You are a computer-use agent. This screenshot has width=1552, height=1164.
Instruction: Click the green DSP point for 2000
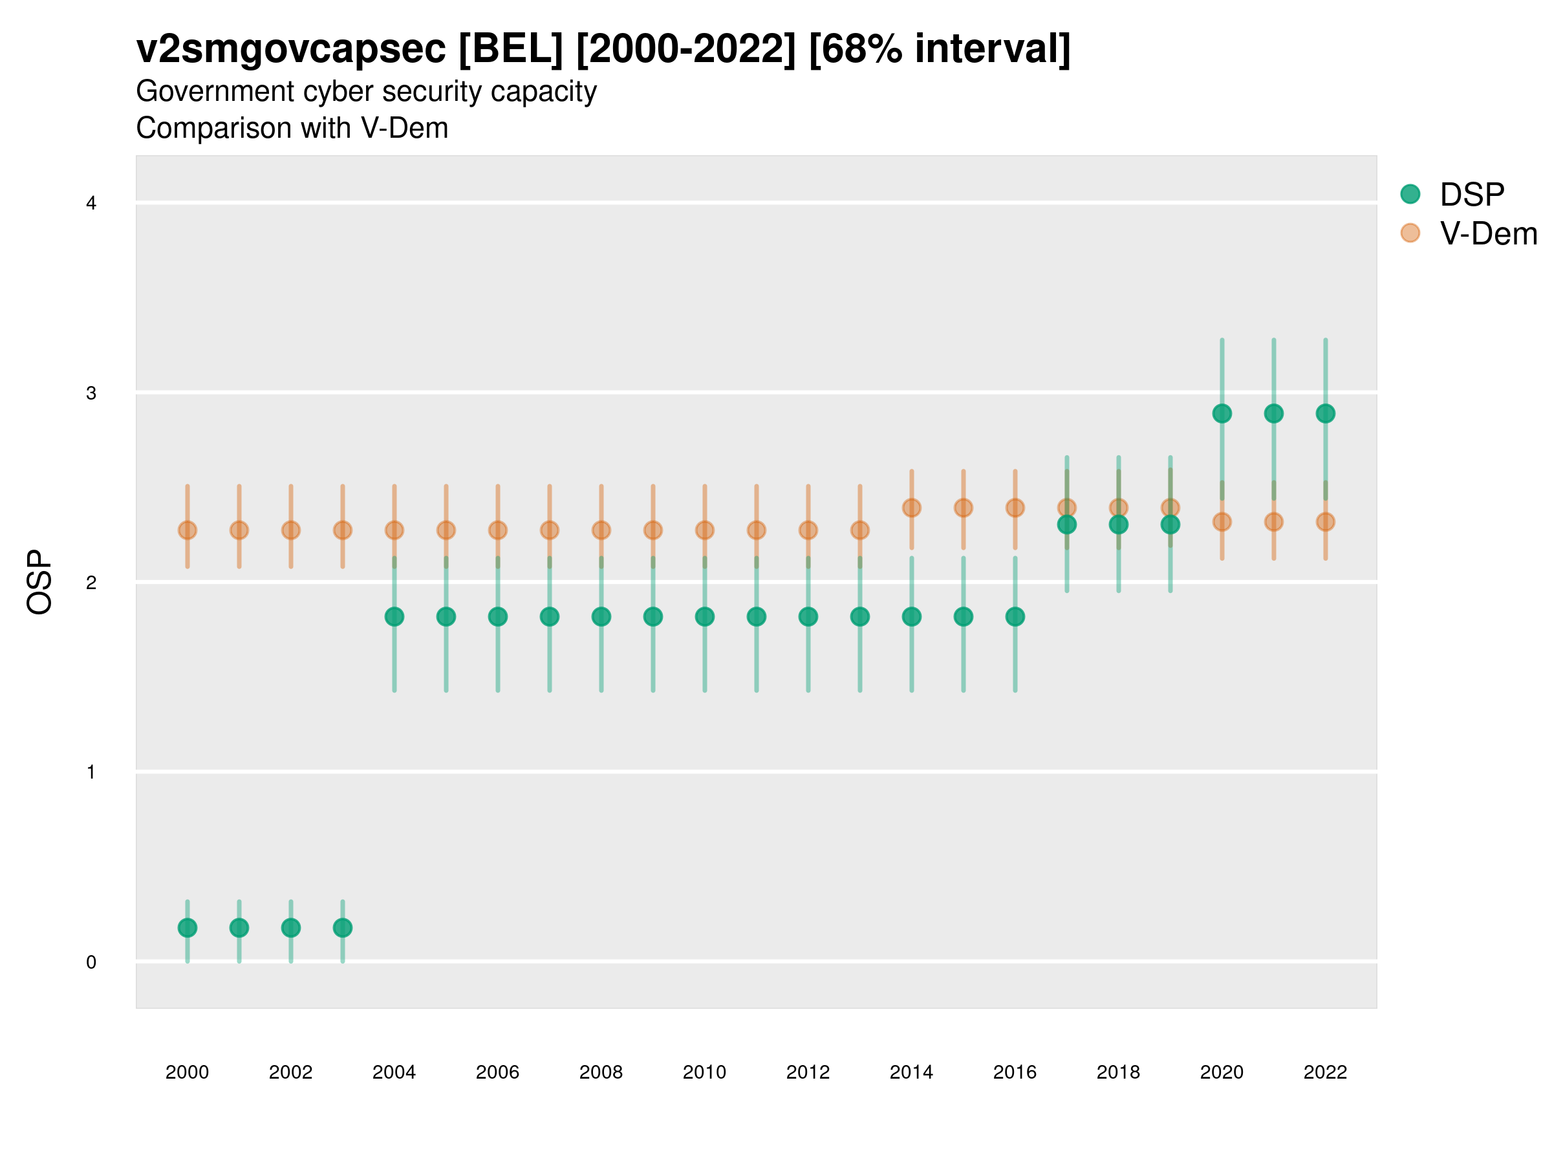click(188, 927)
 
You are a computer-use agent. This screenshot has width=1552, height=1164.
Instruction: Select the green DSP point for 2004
click(394, 617)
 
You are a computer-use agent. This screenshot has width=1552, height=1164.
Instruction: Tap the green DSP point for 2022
click(1326, 413)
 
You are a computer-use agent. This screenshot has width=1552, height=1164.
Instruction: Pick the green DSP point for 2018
click(1118, 524)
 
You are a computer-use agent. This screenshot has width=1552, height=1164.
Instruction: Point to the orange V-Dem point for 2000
click(188, 530)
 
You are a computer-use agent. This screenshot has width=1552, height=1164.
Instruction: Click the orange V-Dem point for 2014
click(911, 507)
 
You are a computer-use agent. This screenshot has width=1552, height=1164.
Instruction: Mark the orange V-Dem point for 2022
click(1326, 521)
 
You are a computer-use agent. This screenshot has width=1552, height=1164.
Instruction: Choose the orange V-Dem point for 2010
click(704, 530)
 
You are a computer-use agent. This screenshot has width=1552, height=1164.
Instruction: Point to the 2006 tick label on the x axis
click(497, 1072)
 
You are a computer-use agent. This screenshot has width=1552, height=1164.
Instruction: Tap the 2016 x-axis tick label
click(1015, 1072)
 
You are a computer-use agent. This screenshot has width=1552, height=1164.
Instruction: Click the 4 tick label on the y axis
click(91, 204)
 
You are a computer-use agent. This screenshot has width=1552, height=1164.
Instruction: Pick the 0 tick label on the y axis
click(91, 962)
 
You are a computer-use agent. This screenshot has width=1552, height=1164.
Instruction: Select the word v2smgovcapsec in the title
click(290, 49)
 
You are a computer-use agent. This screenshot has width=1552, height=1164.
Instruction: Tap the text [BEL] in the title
click(510, 49)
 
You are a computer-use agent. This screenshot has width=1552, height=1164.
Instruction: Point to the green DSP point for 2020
click(1222, 413)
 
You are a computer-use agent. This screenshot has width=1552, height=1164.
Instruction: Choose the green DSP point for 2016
click(1015, 617)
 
